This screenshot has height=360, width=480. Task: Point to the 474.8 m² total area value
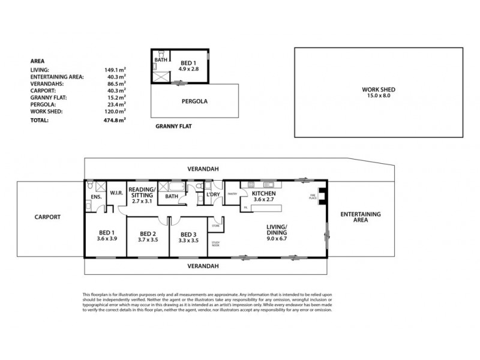pyautogui.click(x=115, y=120)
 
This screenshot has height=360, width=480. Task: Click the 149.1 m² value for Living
pyautogui.click(x=115, y=70)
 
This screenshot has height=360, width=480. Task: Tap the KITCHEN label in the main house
pyautogui.click(x=263, y=194)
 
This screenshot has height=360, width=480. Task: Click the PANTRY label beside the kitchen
pyautogui.click(x=233, y=194)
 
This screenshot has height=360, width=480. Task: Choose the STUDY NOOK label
pyautogui.click(x=215, y=244)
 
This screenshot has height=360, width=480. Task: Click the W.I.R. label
pyautogui.click(x=116, y=193)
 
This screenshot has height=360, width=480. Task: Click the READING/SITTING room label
pyautogui.click(x=142, y=192)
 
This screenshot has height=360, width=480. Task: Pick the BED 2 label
pyautogui.click(x=148, y=233)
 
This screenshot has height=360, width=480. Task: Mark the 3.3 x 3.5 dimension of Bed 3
pyautogui.click(x=188, y=240)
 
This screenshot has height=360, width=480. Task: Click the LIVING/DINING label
pyautogui.click(x=278, y=229)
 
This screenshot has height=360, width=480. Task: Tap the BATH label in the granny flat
pyautogui.click(x=161, y=60)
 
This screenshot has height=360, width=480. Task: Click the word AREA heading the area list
pyautogui.click(x=37, y=61)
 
